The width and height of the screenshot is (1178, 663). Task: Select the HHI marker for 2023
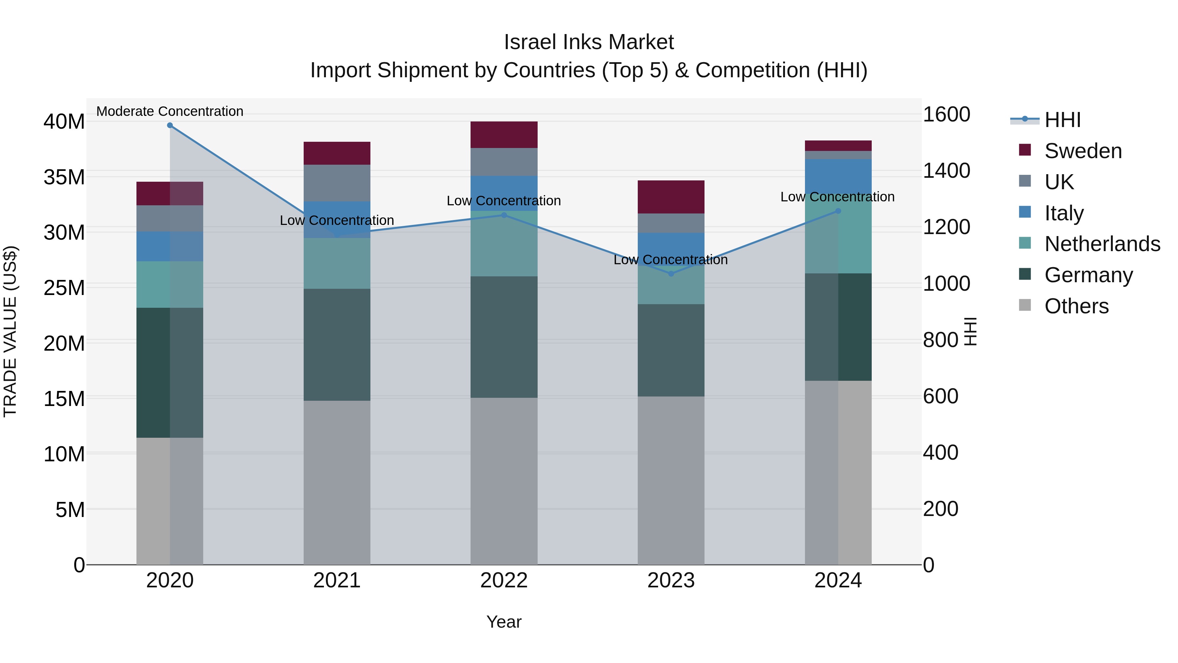tap(671, 274)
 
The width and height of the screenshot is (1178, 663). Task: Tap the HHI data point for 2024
tap(838, 211)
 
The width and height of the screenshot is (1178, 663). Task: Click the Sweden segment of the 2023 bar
tap(671, 197)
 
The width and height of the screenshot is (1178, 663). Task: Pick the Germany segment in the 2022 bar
tap(504, 337)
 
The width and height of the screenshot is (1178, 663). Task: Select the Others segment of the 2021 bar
tap(337, 482)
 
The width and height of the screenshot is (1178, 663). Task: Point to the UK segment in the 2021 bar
tap(337, 183)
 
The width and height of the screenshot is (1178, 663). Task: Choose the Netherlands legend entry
tap(1102, 244)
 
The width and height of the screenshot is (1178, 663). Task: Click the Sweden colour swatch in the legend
tap(1025, 150)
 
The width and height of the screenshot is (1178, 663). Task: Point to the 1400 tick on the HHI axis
tap(946, 171)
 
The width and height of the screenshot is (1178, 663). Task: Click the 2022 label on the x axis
tap(504, 580)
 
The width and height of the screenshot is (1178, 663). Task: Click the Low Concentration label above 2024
tap(837, 197)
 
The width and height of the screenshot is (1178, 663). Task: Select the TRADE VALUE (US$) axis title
tap(10, 331)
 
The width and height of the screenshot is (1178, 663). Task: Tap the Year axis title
tap(504, 622)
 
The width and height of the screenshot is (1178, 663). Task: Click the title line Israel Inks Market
tap(589, 42)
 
